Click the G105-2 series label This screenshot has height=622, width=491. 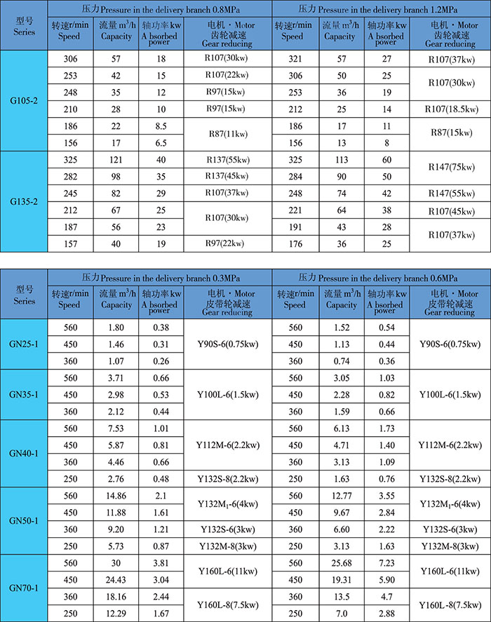click(24, 101)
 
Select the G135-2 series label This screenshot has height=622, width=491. click(24, 201)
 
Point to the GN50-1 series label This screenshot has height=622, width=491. click(24, 520)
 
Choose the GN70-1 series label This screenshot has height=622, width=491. click(24, 587)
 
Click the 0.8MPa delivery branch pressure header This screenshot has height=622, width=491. click(160, 9)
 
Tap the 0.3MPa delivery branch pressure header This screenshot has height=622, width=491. click(160, 276)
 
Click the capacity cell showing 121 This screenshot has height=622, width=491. click(116, 160)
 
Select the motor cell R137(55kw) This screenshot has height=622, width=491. click(227, 160)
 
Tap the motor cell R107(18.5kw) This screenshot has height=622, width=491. click(451, 109)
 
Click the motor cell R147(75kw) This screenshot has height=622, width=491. click(451, 168)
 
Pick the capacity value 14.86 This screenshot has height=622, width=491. click(116, 495)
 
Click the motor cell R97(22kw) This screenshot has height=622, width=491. click(227, 243)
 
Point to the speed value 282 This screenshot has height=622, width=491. click(69, 176)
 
